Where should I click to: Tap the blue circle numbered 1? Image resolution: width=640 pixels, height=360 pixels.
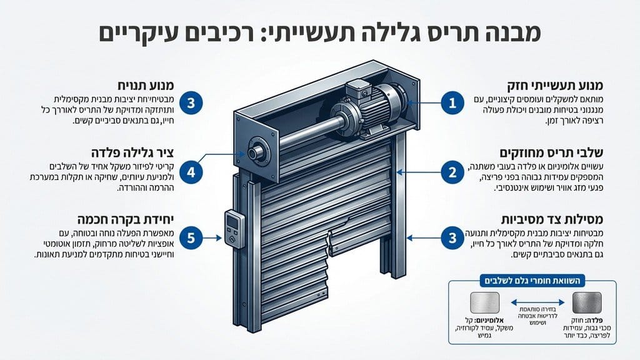tap(452, 102)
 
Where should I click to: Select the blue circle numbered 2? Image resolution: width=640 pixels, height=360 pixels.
tap(452, 170)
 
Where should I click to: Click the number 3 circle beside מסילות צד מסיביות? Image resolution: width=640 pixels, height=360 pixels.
tap(452, 237)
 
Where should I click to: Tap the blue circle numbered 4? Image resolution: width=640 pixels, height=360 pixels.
tap(192, 170)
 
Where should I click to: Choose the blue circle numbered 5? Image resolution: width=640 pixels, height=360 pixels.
tap(192, 237)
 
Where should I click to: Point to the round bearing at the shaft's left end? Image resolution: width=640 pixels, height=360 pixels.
tap(256, 152)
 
